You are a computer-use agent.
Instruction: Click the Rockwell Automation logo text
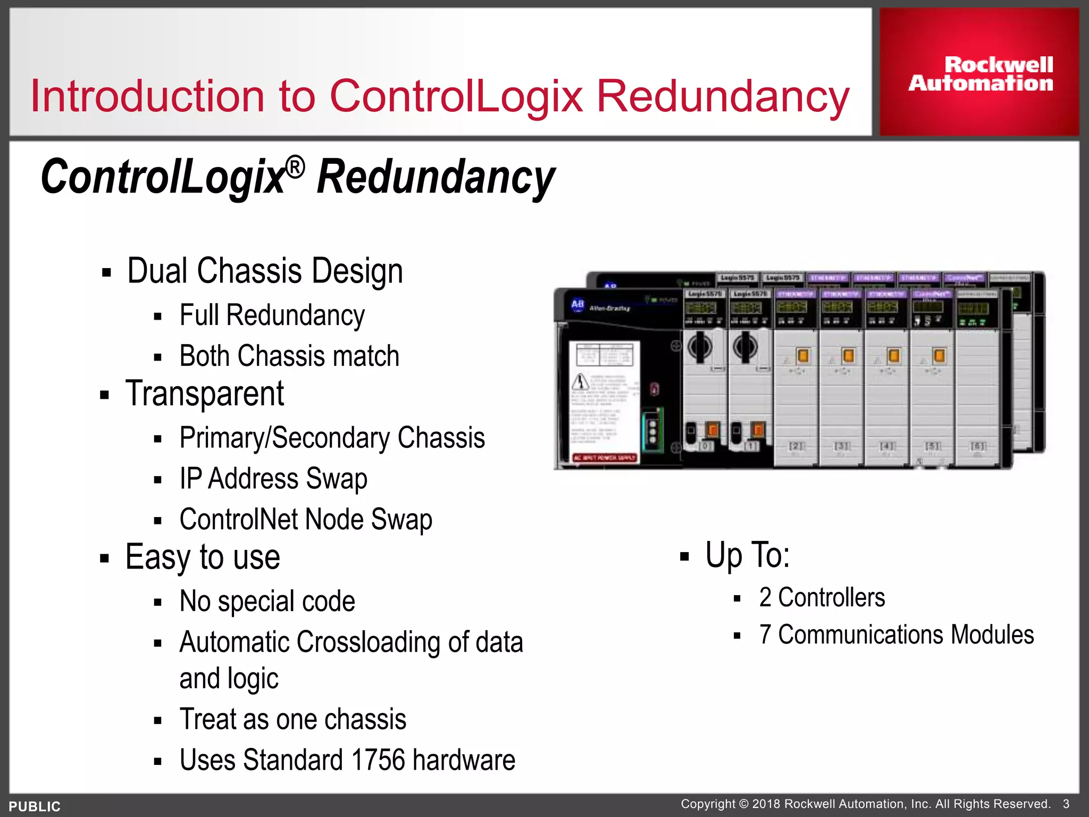click(981, 74)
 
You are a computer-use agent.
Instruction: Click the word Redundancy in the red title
click(723, 96)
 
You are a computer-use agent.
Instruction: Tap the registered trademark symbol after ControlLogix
click(295, 168)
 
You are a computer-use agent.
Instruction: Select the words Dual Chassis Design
click(265, 271)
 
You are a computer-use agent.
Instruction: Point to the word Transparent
click(205, 394)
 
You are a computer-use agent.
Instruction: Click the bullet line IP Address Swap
click(273, 478)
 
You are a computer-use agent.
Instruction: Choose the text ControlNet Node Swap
click(306, 519)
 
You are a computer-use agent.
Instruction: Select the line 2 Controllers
click(822, 597)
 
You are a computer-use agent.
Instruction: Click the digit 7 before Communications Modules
click(765, 635)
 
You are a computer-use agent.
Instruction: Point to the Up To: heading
click(747, 555)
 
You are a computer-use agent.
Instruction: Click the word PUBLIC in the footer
click(35, 806)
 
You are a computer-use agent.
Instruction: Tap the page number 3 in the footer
click(1066, 804)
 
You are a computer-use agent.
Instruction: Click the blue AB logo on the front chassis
click(577, 305)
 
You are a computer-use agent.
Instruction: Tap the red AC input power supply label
click(604, 457)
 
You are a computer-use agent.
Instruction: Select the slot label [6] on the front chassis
click(978, 446)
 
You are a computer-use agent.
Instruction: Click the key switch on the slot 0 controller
click(700, 347)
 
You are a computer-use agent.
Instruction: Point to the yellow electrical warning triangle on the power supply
click(580, 381)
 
